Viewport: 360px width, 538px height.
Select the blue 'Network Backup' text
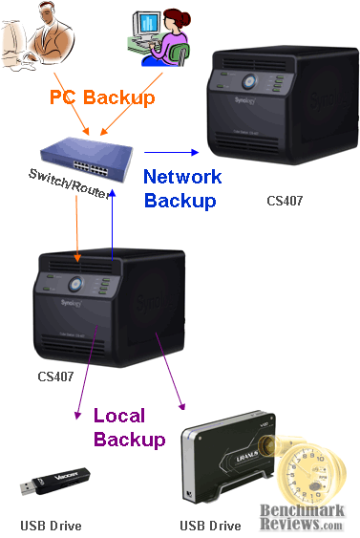pos(181,188)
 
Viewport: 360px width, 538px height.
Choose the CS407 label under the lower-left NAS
pos(55,377)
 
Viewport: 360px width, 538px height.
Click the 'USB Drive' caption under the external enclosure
pos(210,526)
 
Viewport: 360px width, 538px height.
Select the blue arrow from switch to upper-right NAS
pos(172,151)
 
